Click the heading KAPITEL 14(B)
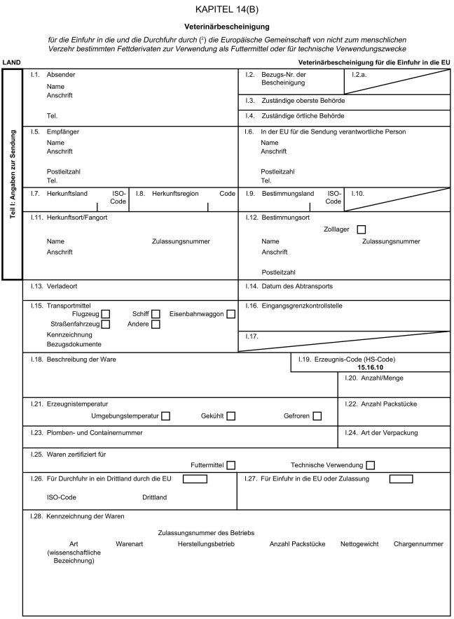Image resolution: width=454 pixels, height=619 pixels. coord(227,9)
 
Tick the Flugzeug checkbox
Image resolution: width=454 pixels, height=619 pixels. coord(106,314)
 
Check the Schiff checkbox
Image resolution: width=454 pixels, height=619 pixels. coord(156,314)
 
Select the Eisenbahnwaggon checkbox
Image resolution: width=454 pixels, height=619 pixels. coord(231,314)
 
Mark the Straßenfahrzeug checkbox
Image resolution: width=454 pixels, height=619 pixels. coord(106,324)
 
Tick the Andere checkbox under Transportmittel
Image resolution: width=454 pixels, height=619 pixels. coord(156,324)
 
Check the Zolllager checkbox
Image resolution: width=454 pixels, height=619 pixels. coord(362,229)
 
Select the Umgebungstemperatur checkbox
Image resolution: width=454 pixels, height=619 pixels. coord(166,417)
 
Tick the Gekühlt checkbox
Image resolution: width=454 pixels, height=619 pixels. coord(231,417)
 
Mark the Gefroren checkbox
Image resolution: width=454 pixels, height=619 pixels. coord(317,417)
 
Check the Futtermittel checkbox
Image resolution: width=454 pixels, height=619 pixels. coord(231,465)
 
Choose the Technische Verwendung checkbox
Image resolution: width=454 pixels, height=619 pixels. coord(370,465)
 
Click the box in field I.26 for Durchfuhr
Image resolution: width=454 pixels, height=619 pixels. coord(195,479)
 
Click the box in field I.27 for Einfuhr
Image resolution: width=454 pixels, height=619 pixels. coord(401,479)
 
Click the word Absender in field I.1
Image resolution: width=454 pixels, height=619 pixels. coord(61,74)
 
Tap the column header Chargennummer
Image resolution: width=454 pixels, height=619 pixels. coord(419,543)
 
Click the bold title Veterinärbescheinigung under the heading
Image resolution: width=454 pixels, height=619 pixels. coord(227,26)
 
